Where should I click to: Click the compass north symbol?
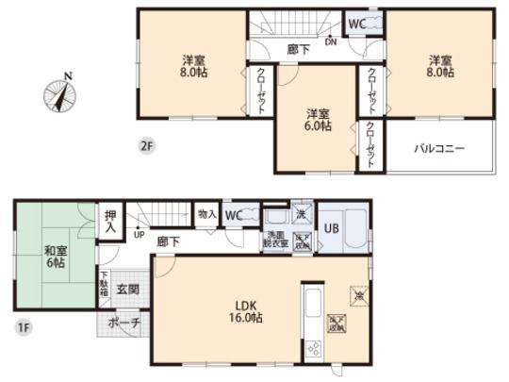point(58,95)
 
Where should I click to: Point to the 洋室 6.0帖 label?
point(317,120)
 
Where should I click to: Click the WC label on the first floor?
point(235,216)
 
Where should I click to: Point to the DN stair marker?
point(330,42)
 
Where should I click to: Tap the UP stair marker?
point(140,235)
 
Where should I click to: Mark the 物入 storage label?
point(206,215)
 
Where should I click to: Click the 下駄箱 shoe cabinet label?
point(104,286)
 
